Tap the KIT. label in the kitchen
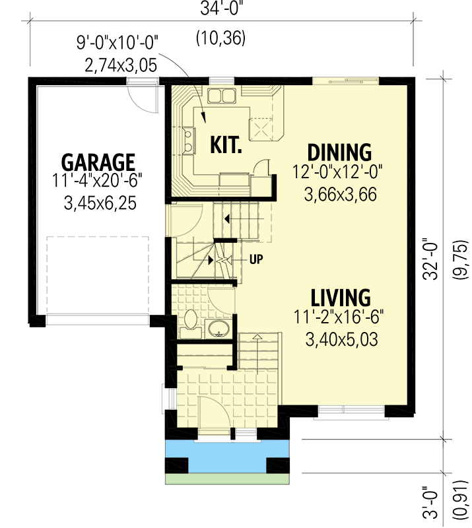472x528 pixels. (226, 145)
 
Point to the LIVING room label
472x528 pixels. (341, 296)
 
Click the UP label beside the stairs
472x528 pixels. (256, 259)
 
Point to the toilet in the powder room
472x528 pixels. (190, 321)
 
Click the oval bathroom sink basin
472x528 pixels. (217, 328)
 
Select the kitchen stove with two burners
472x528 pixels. (189, 139)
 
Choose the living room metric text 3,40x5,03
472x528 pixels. (341, 340)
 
